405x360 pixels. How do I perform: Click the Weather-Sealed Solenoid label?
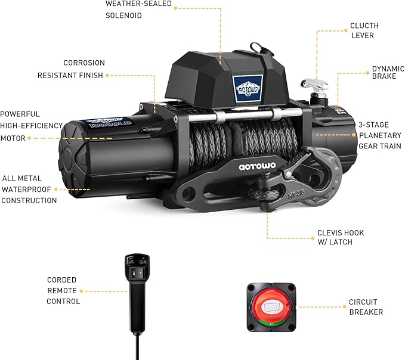(x=138, y=9)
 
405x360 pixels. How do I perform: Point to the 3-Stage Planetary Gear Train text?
(x=379, y=135)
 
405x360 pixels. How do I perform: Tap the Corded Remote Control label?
(x=63, y=290)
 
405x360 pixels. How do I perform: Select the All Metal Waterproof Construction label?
(x=29, y=189)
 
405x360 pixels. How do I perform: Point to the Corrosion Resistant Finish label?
(x=71, y=69)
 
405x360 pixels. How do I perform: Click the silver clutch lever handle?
(x=311, y=86)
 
